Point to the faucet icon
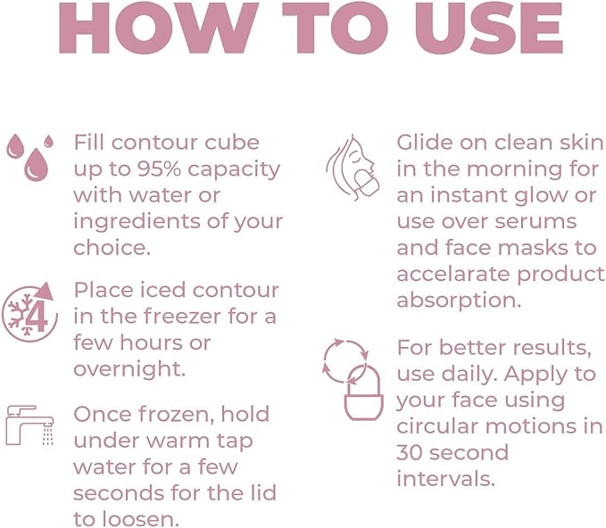tap(29, 425)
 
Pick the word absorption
tap(458, 300)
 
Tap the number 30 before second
tap(411, 451)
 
